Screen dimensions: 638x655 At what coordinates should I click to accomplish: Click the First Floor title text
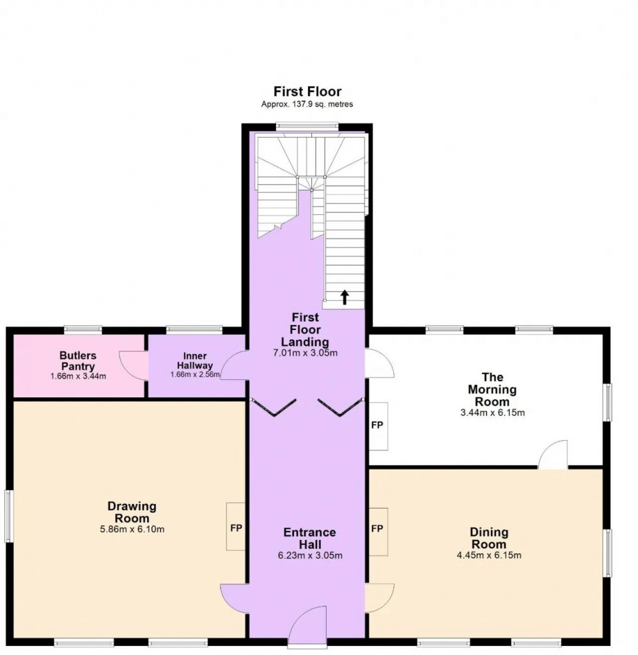pos(307,91)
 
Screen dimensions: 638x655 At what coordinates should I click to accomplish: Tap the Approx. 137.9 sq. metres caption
pos(307,104)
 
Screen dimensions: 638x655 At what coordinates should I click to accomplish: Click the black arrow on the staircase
pos(345,297)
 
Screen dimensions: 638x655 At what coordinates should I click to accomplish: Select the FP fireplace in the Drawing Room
pos(236,527)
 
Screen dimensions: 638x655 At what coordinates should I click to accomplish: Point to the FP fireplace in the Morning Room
pos(377,425)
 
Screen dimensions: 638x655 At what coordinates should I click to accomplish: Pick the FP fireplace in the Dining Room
pos(377,529)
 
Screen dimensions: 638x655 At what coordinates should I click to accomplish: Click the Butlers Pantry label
pos(78,361)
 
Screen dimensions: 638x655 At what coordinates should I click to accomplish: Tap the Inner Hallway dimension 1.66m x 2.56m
pos(195,375)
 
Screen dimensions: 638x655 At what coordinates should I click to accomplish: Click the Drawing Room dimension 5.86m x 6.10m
pos(132,529)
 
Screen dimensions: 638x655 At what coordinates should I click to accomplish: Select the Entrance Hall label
pos(310,538)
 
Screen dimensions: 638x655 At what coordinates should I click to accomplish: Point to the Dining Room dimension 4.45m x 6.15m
pos(489,555)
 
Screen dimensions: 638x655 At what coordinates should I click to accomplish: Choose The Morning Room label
pos(492,390)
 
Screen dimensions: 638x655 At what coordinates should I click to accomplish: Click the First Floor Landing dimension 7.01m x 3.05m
pos(305,353)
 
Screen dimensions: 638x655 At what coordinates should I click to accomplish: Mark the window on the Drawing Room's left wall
pos(8,516)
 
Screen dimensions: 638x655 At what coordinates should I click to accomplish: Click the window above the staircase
pos(307,124)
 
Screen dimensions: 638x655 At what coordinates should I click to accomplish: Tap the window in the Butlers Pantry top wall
pos(83,329)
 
